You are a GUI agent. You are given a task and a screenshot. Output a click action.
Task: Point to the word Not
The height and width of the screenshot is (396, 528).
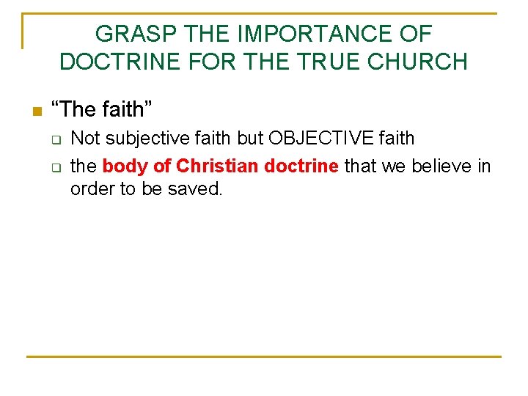coord(84,138)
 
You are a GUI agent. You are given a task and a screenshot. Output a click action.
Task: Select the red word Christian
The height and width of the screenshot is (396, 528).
coord(218,166)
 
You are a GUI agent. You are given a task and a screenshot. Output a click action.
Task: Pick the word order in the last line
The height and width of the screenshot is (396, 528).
coord(89,189)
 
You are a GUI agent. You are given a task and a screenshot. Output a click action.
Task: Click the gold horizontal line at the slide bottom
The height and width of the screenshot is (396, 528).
coord(264,356)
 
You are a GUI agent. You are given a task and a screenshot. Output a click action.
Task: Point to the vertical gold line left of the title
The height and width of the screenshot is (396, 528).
coord(23,31)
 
